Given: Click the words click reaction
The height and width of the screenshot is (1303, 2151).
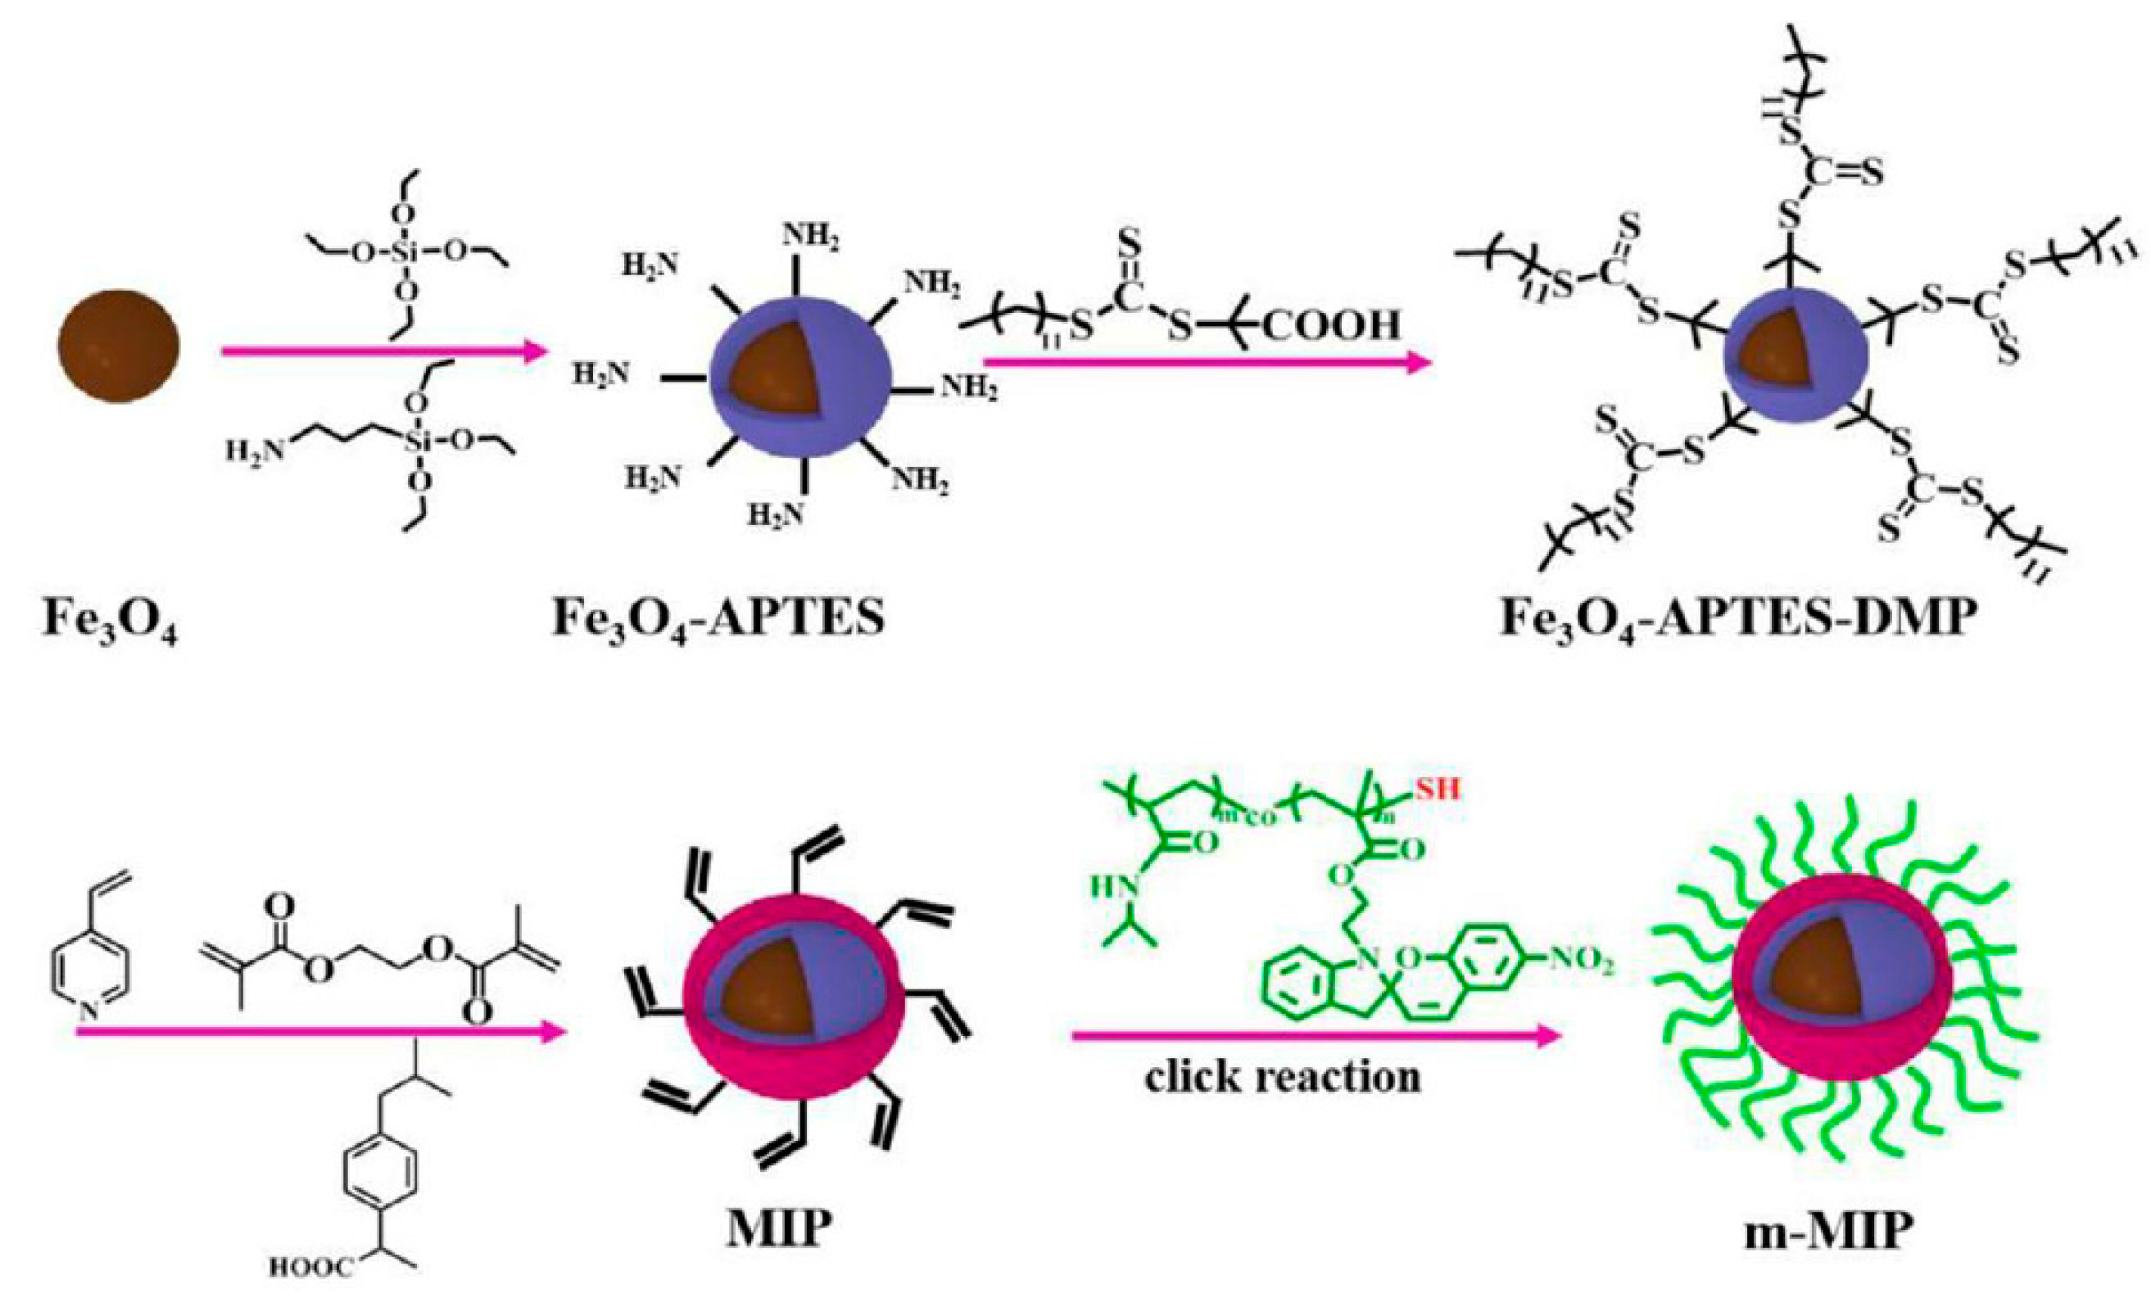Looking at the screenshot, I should (1283, 1077).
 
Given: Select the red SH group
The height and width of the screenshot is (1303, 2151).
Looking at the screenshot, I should (1435, 790).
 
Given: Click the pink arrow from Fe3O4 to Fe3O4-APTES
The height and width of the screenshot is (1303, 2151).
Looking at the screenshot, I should (384, 351).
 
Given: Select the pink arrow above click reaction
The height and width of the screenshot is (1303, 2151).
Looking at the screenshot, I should (1314, 1036).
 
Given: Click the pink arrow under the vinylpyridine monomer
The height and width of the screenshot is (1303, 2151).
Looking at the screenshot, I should (319, 1034).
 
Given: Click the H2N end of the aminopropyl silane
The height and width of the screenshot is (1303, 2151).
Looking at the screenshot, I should (253, 451).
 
